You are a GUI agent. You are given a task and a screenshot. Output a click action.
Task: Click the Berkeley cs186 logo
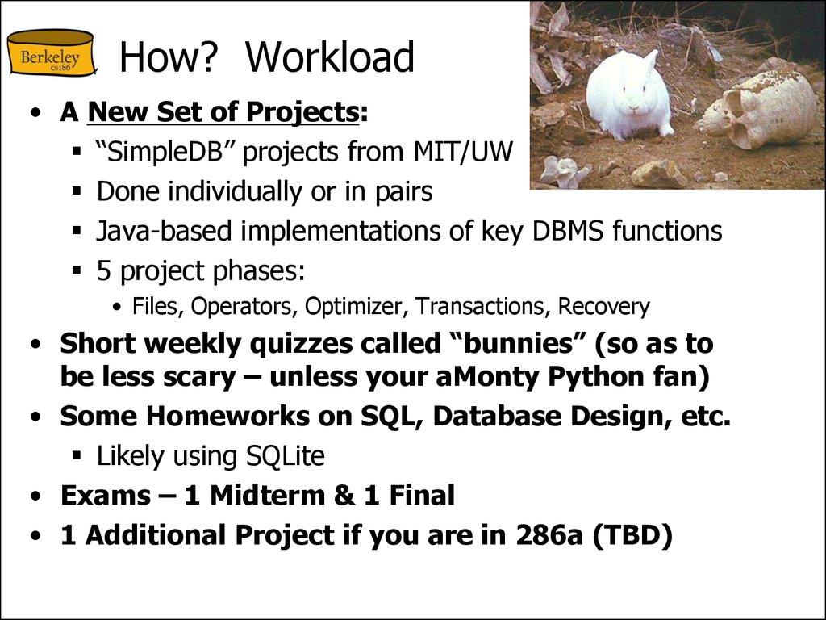click(x=50, y=54)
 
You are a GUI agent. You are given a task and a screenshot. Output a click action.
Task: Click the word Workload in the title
click(x=330, y=57)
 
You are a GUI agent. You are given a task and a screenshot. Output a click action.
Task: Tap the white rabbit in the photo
click(x=628, y=95)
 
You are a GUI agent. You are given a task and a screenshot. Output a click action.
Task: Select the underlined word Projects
click(x=302, y=112)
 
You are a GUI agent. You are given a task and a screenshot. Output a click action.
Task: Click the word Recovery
click(x=604, y=307)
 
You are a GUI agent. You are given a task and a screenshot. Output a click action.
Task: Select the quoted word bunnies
click(x=516, y=344)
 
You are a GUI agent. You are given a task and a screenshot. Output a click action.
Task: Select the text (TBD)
click(x=632, y=535)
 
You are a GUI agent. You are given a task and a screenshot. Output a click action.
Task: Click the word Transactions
click(x=485, y=307)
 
